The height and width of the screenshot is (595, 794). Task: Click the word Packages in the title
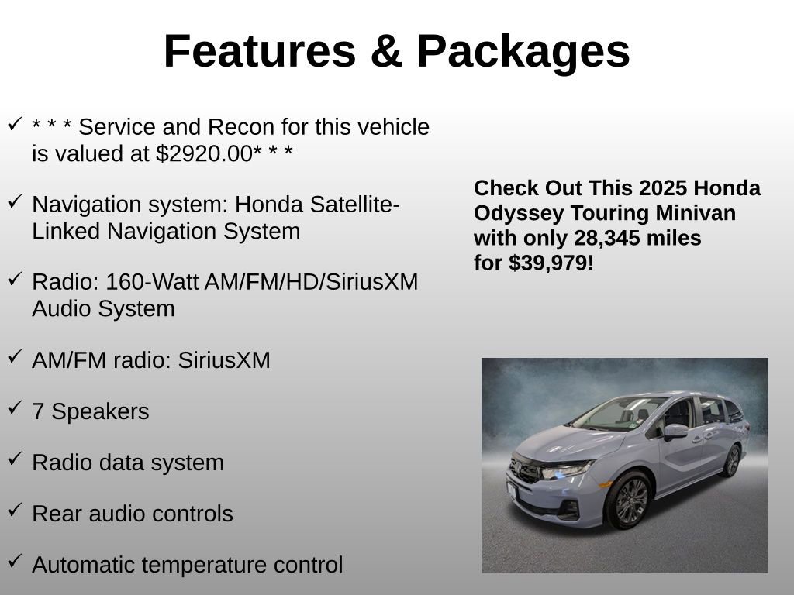(x=523, y=52)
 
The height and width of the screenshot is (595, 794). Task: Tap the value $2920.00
(x=203, y=153)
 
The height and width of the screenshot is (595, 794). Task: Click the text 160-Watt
(x=152, y=282)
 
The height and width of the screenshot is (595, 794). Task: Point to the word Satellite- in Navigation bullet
(x=356, y=205)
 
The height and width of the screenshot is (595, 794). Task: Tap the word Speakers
(x=100, y=411)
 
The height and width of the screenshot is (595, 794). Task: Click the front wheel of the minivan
(x=630, y=500)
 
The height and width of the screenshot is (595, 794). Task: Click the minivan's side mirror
(x=674, y=430)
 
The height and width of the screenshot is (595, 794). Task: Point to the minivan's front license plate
(x=512, y=489)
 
